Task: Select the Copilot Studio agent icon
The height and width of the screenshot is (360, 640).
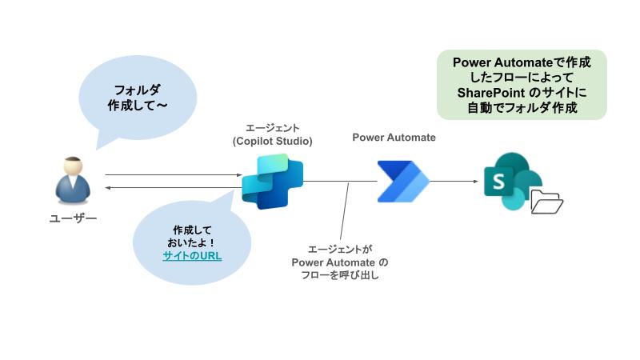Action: tap(272, 181)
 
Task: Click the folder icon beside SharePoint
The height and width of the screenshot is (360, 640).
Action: tap(547, 203)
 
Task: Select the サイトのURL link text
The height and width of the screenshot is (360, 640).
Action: tap(192, 256)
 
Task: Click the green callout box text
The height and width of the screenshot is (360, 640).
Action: tap(522, 85)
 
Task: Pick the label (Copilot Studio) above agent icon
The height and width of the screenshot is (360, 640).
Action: tap(272, 142)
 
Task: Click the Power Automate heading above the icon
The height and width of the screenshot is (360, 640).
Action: tap(394, 138)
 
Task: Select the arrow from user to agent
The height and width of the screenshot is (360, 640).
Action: tap(172, 174)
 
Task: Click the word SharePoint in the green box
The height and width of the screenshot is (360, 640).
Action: tap(487, 93)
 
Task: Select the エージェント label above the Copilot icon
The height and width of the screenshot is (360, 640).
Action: tap(272, 128)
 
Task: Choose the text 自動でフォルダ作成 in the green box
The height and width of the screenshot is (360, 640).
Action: tap(522, 107)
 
